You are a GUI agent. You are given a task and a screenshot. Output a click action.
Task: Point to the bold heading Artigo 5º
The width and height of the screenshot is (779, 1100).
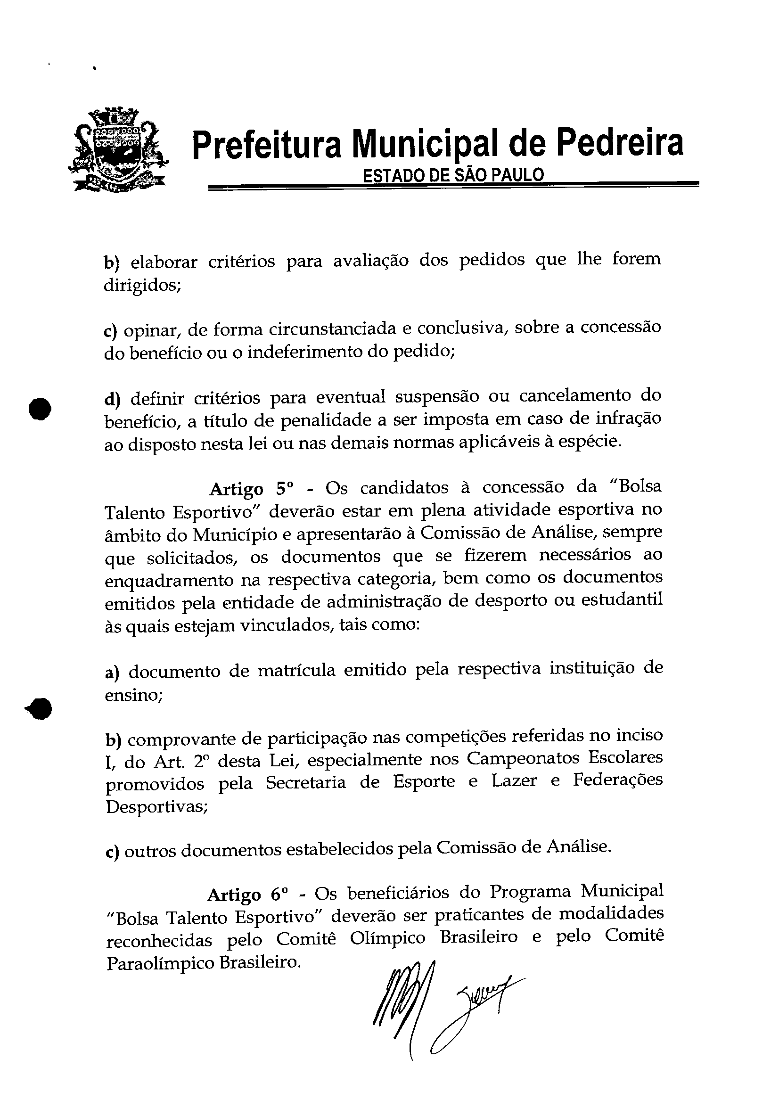click(251, 489)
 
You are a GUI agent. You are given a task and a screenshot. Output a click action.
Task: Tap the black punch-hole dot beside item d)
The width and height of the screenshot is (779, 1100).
click(41, 408)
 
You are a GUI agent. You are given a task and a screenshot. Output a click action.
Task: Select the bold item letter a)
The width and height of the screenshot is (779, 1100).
click(112, 673)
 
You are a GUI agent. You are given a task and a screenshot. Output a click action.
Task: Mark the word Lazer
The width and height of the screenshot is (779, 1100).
click(514, 782)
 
